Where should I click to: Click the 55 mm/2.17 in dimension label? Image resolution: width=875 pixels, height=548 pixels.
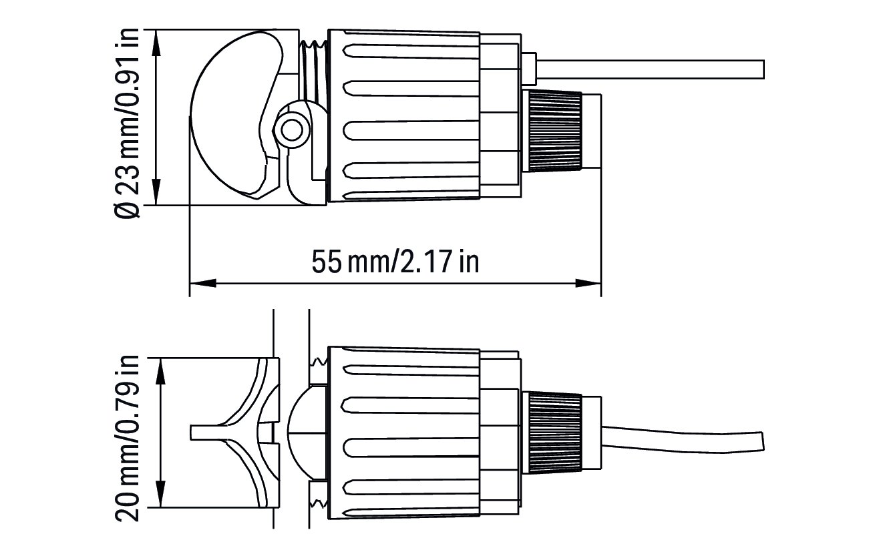tap(395, 261)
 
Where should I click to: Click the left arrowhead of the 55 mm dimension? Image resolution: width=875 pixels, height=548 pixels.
tap(203, 283)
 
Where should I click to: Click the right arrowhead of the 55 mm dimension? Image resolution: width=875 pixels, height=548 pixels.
tap(588, 283)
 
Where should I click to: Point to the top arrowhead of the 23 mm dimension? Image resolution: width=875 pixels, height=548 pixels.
tap(156, 43)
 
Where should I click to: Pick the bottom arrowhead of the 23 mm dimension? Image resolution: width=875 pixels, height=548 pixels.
tap(156, 192)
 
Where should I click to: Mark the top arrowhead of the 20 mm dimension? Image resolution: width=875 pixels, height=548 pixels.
tap(160, 371)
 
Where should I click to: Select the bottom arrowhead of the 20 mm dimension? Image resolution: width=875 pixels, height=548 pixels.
tap(160, 494)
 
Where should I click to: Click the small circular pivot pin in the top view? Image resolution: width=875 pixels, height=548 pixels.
tap(291, 130)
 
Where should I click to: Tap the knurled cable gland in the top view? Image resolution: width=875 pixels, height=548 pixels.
tap(554, 131)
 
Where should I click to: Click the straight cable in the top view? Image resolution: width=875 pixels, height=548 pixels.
tap(651, 69)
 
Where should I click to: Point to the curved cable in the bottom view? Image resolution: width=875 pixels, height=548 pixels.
tap(683, 441)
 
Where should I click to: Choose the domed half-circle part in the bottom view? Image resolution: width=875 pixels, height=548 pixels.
tap(307, 433)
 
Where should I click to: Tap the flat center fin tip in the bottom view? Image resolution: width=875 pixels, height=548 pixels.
tap(203, 433)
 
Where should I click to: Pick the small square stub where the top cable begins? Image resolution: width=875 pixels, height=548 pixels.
tap(529, 69)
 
